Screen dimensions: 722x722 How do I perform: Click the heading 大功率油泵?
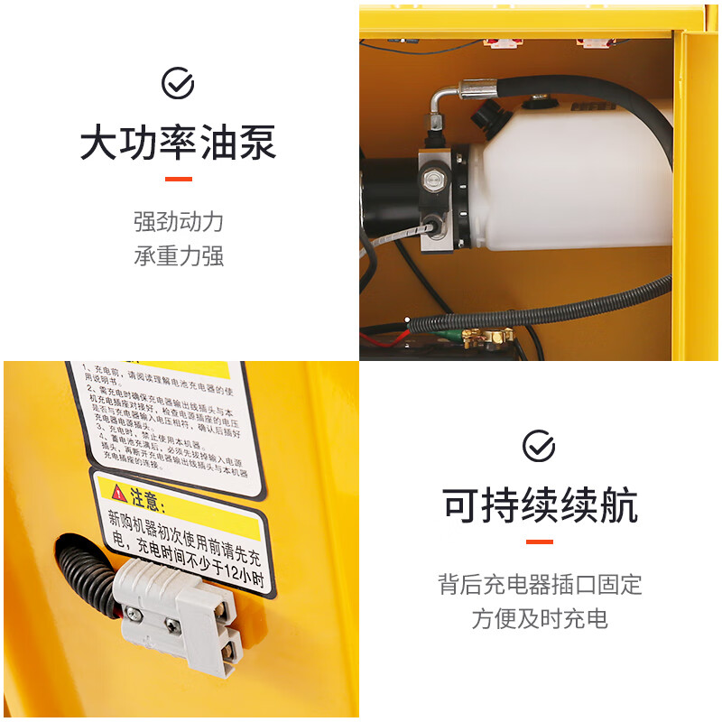pyautogui.click(x=178, y=144)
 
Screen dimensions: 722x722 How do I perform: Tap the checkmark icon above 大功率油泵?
pyautogui.click(x=178, y=84)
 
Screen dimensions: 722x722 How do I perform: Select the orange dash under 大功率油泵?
pyautogui.click(x=178, y=179)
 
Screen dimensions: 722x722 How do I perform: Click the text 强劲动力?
pyautogui.click(x=178, y=222)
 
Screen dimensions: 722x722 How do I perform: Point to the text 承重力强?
pyautogui.click(x=178, y=256)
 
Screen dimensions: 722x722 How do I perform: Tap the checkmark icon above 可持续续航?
pyautogui.click(x=540, y=446)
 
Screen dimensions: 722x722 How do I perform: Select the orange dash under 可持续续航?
pyautogui.click(x=540, y=541)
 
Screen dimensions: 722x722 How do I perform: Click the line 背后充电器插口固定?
pyautogui.click(x=540, y=584)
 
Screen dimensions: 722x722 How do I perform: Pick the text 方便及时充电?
pyautogui.click(x=540, y=618)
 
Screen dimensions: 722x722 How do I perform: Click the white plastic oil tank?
pyautogui.click(x=578, y=180)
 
